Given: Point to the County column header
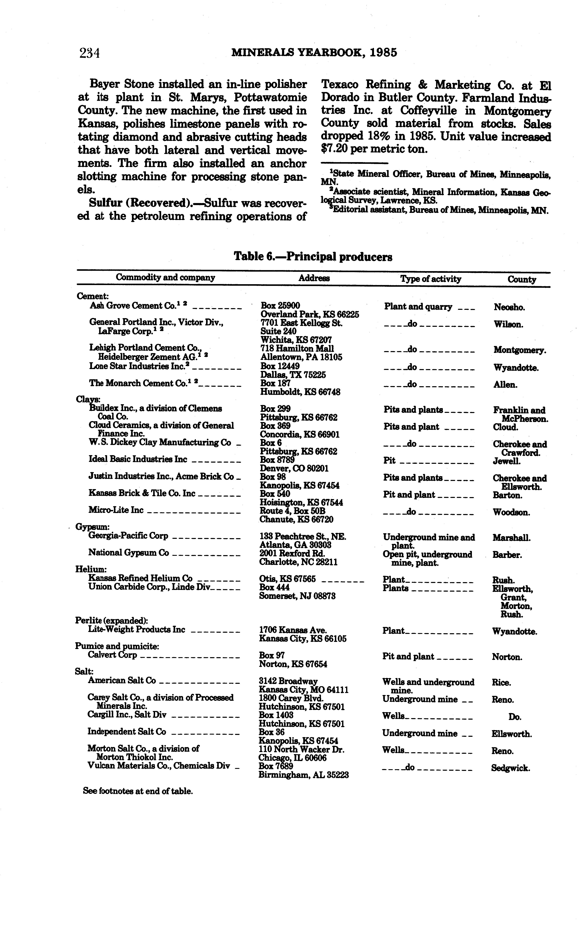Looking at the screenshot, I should pos(522,280).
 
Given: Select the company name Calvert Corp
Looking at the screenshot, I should pos(112,655).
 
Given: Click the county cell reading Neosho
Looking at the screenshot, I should pos(509,307).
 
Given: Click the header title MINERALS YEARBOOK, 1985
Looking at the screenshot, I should pos(314,52).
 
